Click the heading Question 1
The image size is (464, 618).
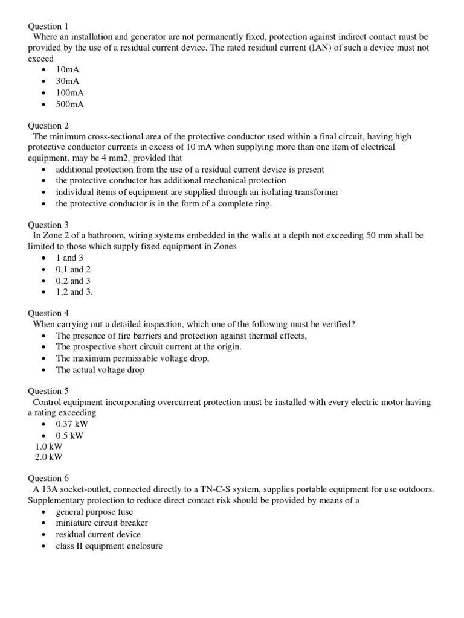48,26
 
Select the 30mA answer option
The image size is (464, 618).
68,81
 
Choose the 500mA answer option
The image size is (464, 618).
70,104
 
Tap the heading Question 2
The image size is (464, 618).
48,126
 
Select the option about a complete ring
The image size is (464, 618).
164,203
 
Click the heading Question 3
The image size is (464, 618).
48,225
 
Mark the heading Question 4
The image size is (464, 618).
48,313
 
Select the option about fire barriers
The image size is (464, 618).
181,336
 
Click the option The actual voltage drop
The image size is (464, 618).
100,370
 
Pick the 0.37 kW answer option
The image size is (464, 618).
72,424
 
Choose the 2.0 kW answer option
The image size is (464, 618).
49,457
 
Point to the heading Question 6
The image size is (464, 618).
48,478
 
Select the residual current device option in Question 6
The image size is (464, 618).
98,534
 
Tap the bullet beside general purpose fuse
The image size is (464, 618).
45,512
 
